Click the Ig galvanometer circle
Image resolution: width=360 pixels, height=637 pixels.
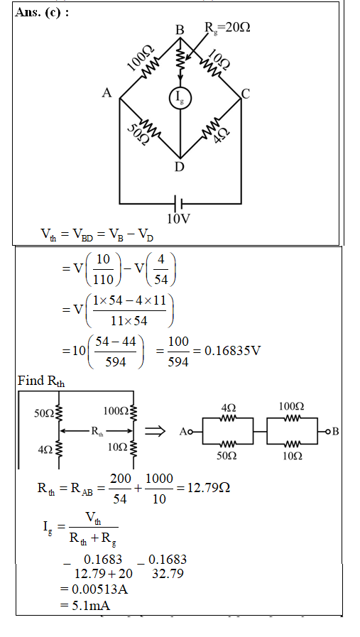point(180,98)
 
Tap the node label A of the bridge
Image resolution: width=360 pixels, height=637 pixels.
point(107,93)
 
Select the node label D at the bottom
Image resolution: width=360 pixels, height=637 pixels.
point(179,167)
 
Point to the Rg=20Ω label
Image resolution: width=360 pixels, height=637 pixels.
point(227,28)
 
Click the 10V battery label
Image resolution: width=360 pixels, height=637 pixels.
point(178,219)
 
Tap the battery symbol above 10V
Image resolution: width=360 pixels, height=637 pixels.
point(178,202)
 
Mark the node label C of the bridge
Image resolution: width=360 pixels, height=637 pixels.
point(246,94)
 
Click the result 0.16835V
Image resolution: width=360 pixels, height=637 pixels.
point(231,351)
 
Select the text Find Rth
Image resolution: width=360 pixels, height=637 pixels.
point(41,381)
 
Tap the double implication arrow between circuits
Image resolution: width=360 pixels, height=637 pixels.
point(155,431)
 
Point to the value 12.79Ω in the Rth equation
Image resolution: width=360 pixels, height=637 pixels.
point(208,487)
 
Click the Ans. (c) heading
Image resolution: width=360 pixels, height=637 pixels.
point(42,13)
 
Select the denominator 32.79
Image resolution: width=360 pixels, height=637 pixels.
point(168,574)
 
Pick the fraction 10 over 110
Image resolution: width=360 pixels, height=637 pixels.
point(103,269)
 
